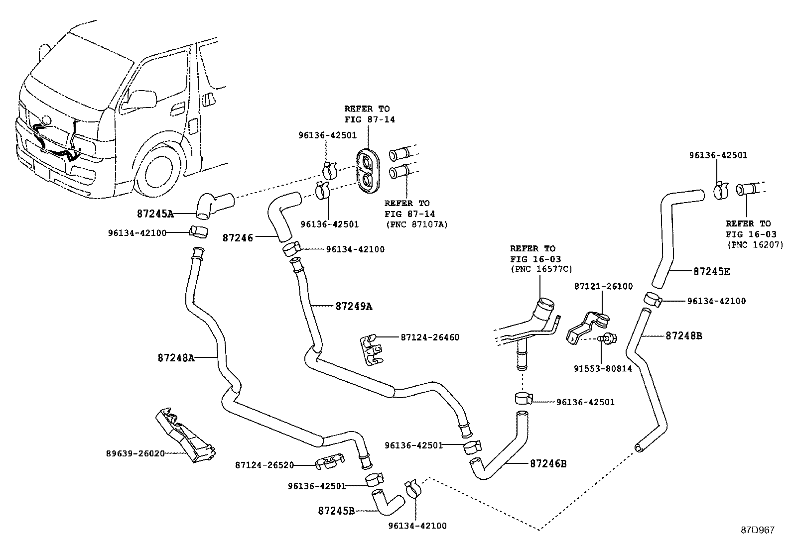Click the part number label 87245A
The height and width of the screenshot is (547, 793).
coord(155,214)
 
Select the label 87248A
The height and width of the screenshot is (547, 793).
coord(176,357)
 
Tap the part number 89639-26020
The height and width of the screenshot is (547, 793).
coord(135,453)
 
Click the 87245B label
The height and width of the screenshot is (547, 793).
coord(336,511)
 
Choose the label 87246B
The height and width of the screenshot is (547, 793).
coord(548,463)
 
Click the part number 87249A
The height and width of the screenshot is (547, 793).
coord(354,307)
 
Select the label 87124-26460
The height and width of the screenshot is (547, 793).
coord(430,337)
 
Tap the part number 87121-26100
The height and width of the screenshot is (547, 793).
coord(603,286)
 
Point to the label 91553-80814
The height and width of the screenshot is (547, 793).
coord(602,369)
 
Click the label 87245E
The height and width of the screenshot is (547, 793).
coord(712,272)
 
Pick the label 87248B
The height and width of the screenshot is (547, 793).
coord(684,336)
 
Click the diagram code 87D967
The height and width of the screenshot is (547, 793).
coord(758,530)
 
